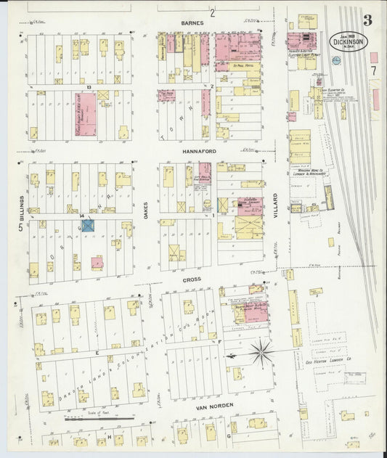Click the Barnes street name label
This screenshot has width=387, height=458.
coord(193,23)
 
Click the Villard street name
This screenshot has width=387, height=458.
coord(276,207)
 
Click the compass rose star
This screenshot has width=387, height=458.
coord(261,353)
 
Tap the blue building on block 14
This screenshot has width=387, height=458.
coord(88,226)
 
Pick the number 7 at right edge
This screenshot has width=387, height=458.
coord(372,71)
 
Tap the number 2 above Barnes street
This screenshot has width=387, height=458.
coord(213,12)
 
